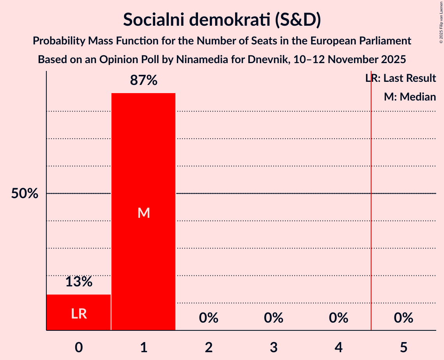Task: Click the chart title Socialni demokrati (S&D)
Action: (x=222, y=19)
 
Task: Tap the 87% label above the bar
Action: (x=144, y=81)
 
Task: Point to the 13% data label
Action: (x=79, y=282)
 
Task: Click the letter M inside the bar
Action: (x=144, y=213)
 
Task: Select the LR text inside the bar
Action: (x=79, y=314)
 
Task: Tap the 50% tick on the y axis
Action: (x=25, y=194)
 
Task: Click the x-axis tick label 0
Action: (x=79, y=348)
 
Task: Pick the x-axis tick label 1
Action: (x=144, y=348)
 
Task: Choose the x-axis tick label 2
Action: (x=209, y=348)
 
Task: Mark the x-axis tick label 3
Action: (x=274, y=348)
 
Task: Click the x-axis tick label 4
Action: (x=338, y=348)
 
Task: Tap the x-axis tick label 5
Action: (x=403, y=348)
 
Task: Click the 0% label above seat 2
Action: (x=209, y=318)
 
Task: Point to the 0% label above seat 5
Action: (x=403, y=318)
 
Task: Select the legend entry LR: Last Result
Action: (x=401, y=78)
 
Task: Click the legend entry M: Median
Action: (x=410, y=97)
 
